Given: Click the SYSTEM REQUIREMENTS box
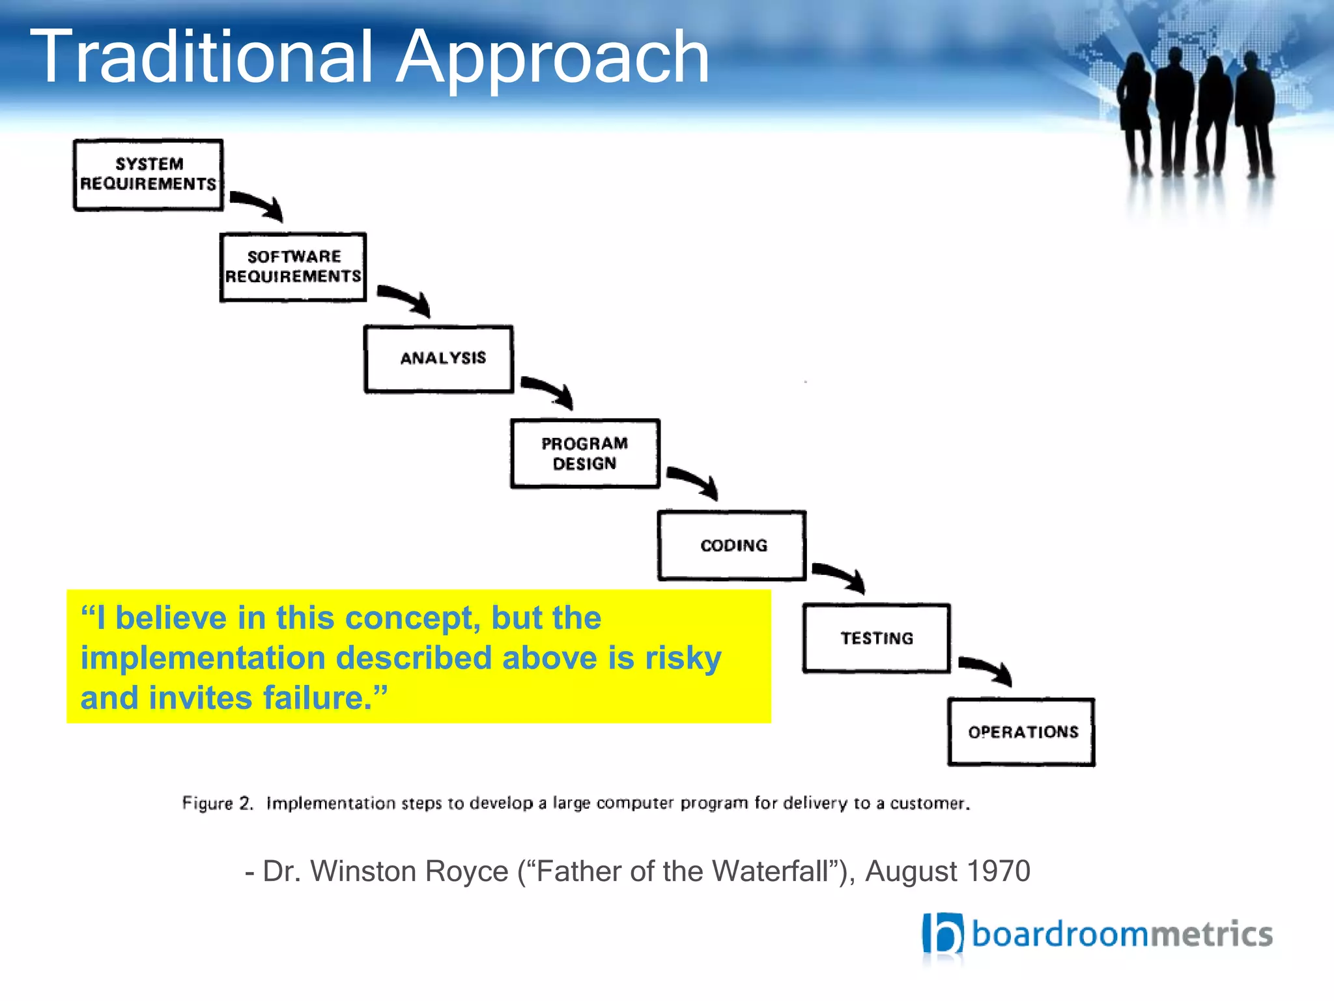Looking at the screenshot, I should point(149,175).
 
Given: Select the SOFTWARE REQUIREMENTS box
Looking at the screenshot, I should point(293,267).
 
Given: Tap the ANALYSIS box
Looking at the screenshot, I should point(438,359).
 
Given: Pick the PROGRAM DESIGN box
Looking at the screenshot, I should point(585,454).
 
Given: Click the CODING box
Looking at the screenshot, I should point(732,545).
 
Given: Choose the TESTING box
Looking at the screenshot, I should point(877,638).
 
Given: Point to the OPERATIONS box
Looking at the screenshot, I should point(1021,732).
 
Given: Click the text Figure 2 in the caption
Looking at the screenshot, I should point(218,803).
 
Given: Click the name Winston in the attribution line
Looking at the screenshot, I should point(363,871).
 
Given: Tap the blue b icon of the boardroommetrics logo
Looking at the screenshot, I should point(942,934).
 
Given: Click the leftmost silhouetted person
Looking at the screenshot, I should point(1135,114).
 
